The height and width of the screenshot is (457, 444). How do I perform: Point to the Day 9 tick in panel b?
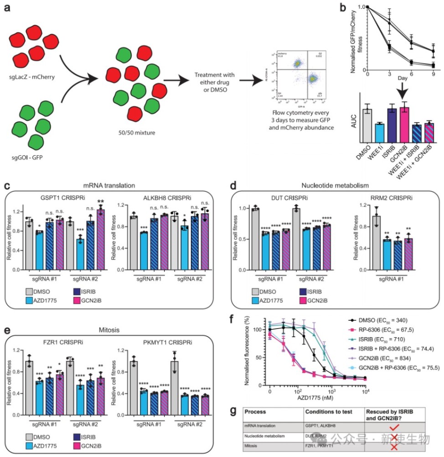[433, 75]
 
